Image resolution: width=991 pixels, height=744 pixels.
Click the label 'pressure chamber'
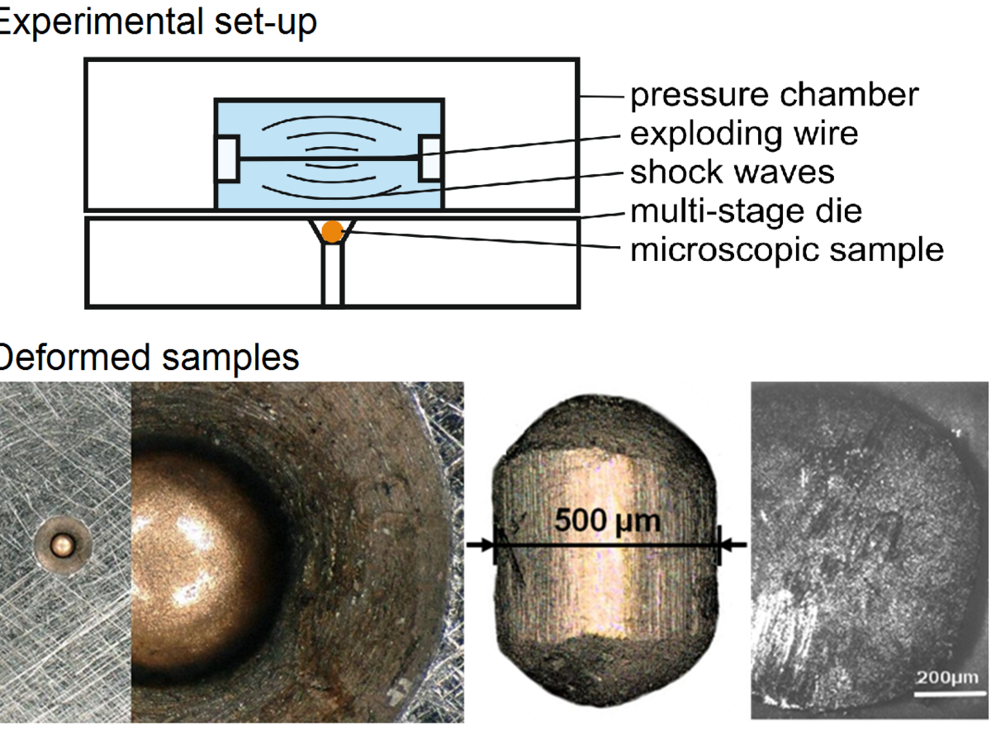774,96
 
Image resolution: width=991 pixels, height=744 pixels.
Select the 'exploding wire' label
744,134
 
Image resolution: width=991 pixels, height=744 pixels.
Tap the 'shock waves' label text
732,173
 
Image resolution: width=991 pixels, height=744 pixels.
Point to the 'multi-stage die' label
746,211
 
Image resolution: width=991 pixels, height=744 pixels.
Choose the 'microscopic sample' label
787,249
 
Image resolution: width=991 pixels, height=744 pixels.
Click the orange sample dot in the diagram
332,232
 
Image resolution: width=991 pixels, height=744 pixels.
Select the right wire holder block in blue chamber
432,158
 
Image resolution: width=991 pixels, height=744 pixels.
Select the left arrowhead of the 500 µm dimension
486,545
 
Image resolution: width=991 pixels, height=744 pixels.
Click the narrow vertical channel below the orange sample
332,276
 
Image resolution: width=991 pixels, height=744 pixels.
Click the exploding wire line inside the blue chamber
330,158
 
